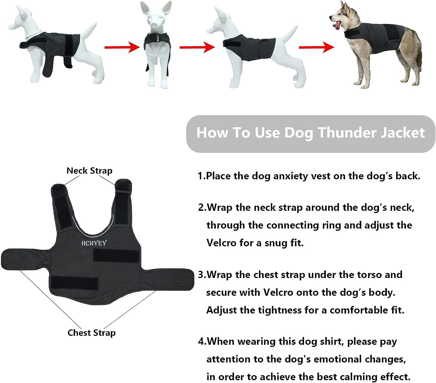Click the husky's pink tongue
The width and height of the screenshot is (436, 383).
(x=337, y=26)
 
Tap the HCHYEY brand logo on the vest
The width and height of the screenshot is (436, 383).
(x=94, y=243)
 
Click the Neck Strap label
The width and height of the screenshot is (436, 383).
(x=89, y=171)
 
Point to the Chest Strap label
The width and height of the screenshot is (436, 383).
(x=91, y=333)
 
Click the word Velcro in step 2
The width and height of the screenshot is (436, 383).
(x=221, y=243)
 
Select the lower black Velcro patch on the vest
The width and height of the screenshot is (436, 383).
(x=74, y=283)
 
